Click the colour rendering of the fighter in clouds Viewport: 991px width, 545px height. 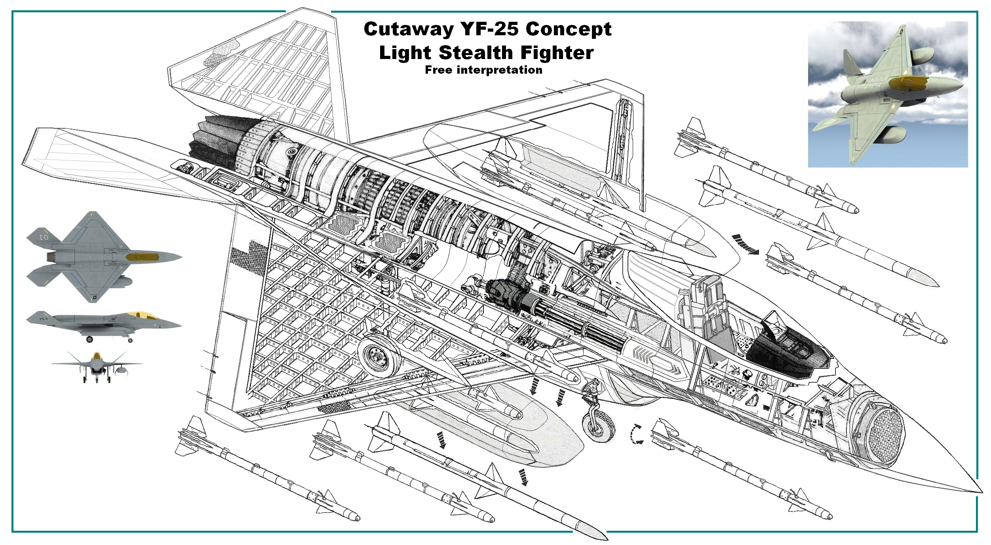click(888, 94)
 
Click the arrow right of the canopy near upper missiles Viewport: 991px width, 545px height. click(746, 244)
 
